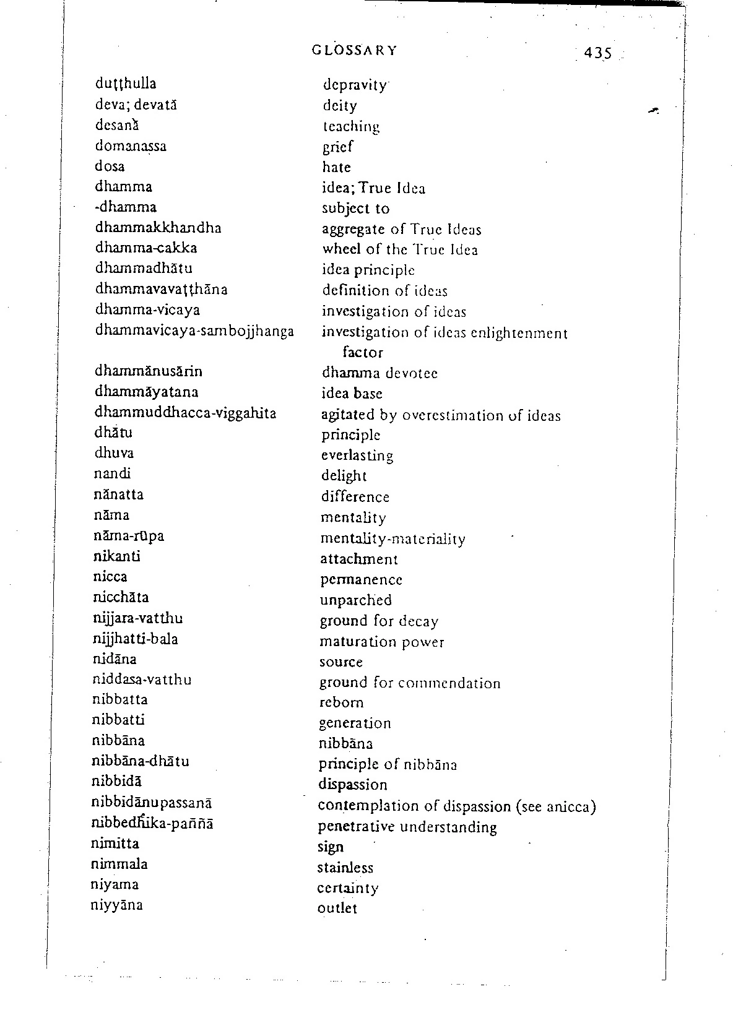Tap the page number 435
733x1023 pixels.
[597, 53]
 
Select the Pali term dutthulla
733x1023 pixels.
[126, 84]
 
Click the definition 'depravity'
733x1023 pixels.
[355, 85]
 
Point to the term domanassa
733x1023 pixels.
[131, 146]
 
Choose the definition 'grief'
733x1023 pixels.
[337, 147]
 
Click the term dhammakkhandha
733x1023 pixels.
[158, 228]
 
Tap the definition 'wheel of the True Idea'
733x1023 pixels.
[400, 250]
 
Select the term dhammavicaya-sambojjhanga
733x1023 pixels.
[194, 330]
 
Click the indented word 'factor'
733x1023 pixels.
[363, 353]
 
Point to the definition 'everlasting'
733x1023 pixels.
[357, 455]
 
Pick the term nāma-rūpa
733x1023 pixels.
[129, 536]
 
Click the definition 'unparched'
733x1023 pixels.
[355, 600]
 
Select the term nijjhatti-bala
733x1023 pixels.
[136, 639]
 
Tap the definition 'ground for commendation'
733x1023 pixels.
[410, 683]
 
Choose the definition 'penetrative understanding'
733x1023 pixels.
[407, 827]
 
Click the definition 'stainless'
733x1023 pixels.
[345, 868]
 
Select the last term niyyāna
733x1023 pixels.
[117, 905]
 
